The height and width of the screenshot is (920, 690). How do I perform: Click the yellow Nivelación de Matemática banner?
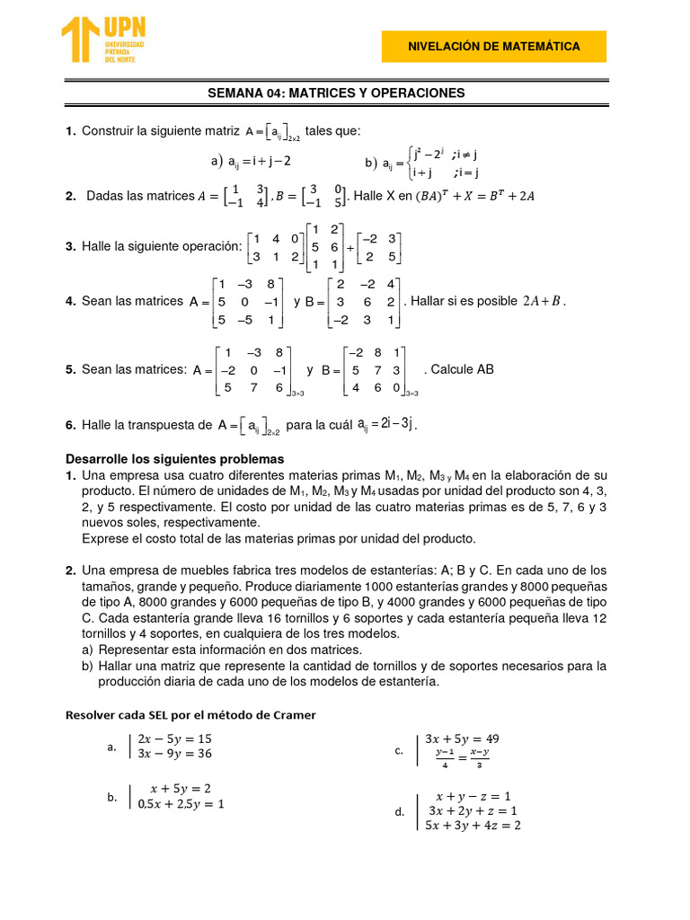[x=493, y=47]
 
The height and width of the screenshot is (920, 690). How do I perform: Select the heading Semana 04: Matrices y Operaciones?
[x=336, y=93]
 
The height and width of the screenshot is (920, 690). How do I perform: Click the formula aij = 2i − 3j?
[x=386, y=424]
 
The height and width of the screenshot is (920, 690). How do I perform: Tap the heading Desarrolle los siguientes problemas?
[x=175, y=459]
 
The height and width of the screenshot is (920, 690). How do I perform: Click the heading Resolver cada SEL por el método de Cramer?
[x=191, y=715]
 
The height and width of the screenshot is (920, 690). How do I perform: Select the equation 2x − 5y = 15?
[x=174, y=739]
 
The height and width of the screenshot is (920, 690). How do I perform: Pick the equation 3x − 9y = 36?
[x=174, y=754]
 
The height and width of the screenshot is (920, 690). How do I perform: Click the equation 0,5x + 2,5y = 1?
[x=181, y=804]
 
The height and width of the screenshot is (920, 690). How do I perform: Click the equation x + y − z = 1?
[x=473, y=796]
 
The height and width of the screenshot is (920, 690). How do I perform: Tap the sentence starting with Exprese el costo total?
[x=279, y=539]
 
